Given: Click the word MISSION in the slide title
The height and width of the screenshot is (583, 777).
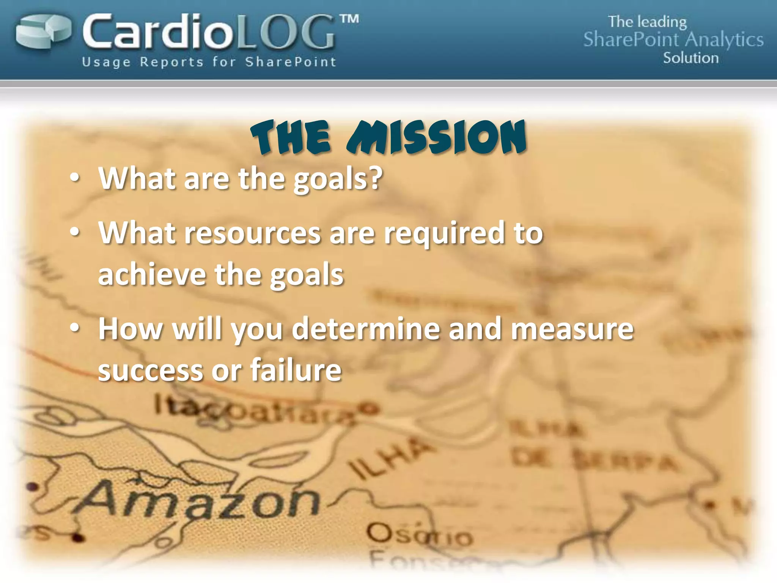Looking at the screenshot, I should click(x=436, y=137).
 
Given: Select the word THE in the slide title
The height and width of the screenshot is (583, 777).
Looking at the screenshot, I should click(x=291, y=137).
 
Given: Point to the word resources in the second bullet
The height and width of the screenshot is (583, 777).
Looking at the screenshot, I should click(x=252, y=233).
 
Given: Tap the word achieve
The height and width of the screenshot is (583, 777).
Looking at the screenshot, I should click(x=152, y=274).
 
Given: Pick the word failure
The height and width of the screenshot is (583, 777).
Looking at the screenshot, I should click(x=296, y=370).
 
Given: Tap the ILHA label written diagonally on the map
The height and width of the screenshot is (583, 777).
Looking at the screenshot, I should click(x=391, y=457).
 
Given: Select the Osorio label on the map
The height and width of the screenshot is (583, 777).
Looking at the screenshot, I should click(x=419, y=535).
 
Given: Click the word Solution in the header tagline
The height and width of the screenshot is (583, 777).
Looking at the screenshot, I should click(x=690, y=58).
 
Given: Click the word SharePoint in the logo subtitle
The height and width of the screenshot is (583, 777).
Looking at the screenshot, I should click(x=291, y=62).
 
